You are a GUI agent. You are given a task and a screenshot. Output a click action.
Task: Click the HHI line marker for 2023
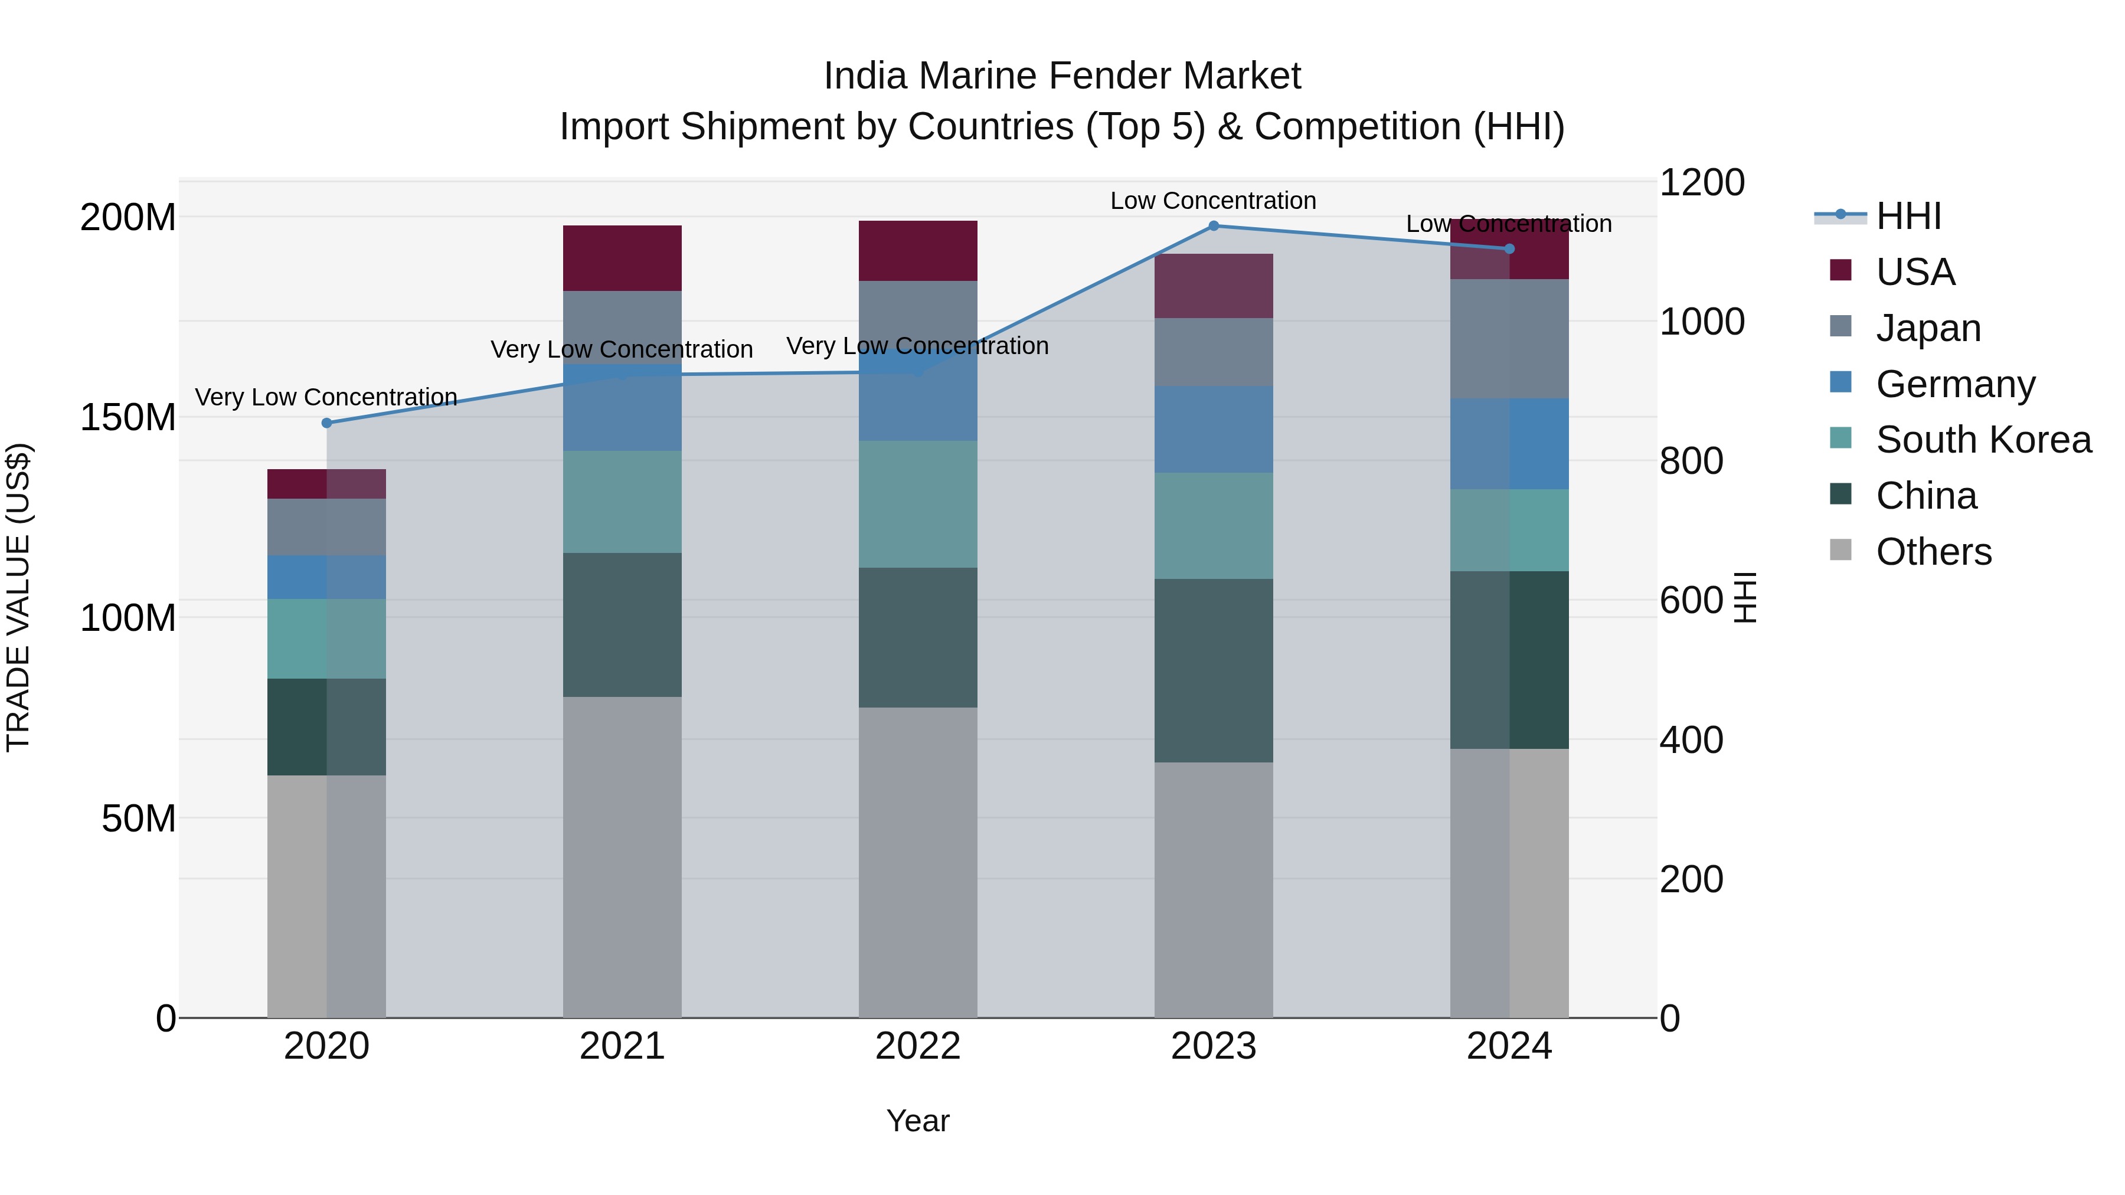coord(1214,226)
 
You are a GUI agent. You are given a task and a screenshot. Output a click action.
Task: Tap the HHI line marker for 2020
coord(326,423)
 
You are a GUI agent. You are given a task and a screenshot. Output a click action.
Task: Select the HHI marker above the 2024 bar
coord(1509,249)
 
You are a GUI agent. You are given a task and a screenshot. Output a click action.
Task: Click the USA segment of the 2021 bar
coord(622,258)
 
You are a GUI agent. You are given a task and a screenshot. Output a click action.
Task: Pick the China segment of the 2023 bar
coord(1214,670)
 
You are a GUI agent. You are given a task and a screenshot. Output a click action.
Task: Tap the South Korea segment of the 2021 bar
coord(622,502)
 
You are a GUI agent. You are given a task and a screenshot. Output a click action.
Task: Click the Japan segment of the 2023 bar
coord(1214,352)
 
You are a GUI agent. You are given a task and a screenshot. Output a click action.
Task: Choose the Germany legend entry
coord(1955,384)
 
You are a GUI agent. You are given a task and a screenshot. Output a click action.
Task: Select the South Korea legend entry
coord(1983,440)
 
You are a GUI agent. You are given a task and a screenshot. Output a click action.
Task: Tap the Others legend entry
coord(1933,552)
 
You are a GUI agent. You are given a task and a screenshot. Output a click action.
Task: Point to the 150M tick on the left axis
coord(128,417)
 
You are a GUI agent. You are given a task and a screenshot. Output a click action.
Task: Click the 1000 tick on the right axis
coord(1701,322)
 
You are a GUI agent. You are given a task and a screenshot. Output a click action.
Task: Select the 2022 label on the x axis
coord(917,1046)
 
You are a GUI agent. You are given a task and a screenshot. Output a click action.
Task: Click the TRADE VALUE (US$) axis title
coord(18,598)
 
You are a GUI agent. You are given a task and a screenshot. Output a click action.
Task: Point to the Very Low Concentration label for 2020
coord(326,398)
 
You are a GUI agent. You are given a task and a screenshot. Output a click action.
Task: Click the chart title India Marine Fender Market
coord(1062,77)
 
